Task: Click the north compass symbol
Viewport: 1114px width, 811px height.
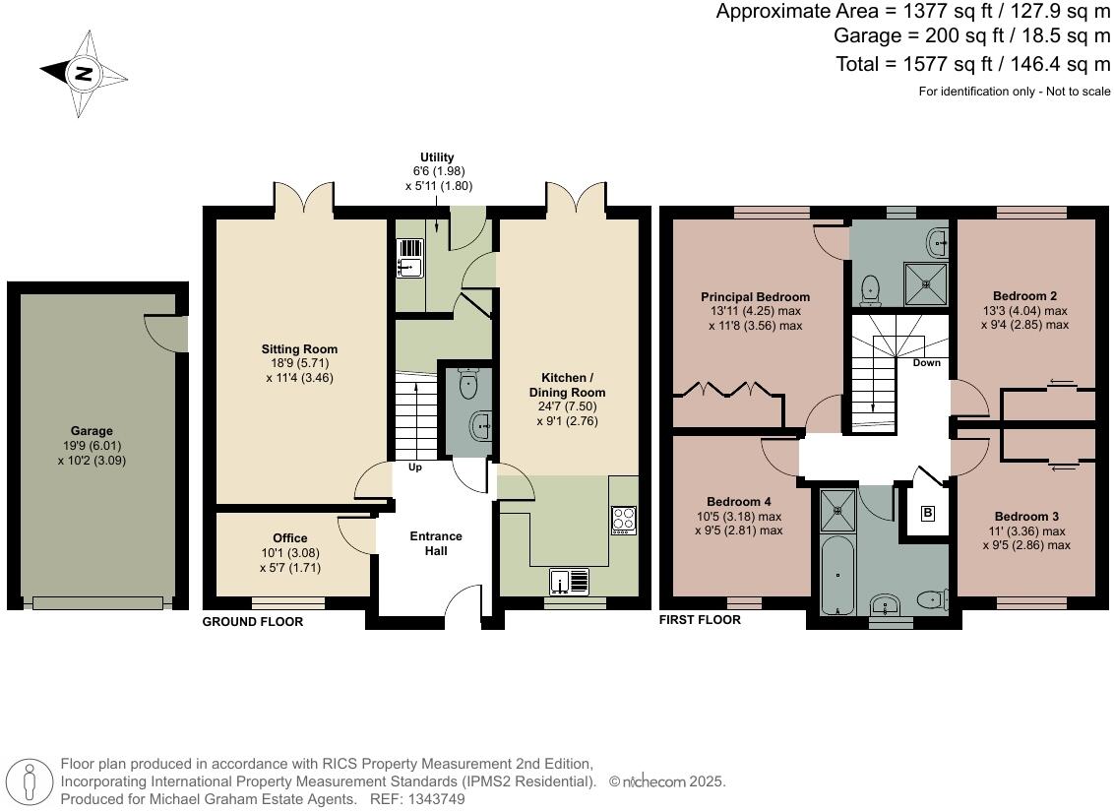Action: tap(85, 73)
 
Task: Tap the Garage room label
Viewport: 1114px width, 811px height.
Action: tap(92, 431)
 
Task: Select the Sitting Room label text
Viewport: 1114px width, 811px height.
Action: tap(299, 349)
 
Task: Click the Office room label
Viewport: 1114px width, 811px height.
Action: tap(290, 538)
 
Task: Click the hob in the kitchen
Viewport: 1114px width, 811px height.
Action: tap(624, 519)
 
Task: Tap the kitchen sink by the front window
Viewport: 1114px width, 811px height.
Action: tap(569, 583)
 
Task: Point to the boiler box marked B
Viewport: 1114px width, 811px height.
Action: tap(927, 513)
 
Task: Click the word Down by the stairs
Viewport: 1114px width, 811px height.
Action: tap(926, 363)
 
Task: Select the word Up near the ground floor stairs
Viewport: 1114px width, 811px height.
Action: tap(414, 468)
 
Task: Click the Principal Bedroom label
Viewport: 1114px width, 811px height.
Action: tap(755, 297)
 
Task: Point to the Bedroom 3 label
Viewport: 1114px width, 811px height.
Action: tap(1026, 517)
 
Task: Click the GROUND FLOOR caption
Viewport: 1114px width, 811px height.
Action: tap(252, 622)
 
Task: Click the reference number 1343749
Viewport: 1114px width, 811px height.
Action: tap(426, 799)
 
